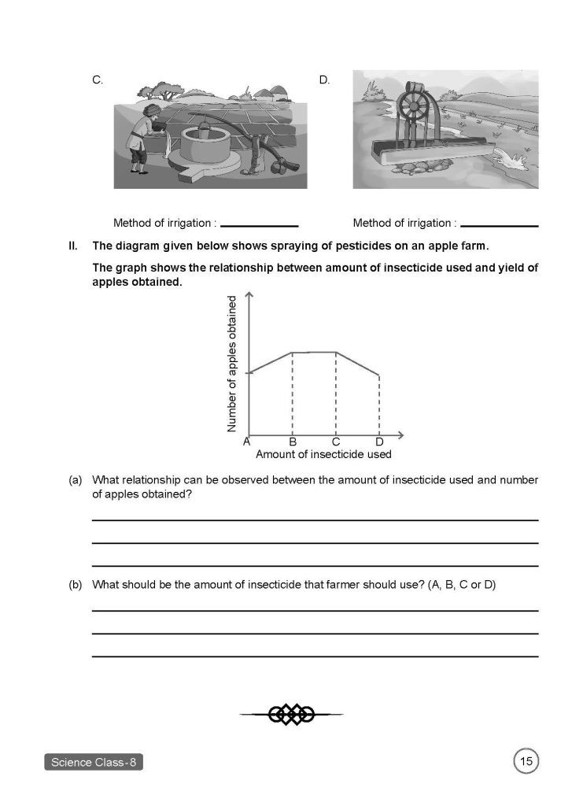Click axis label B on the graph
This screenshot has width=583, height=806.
(292, 442)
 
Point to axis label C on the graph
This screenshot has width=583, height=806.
(336, 442)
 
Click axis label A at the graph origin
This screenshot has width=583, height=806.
(246, 442)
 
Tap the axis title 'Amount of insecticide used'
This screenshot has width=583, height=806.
(323, 454)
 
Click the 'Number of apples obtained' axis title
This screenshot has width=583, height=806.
(231, 364)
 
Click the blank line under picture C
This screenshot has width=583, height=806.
(259, 227)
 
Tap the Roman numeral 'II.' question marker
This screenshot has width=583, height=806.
(75, 246)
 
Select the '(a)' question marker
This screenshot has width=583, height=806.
(76, 479)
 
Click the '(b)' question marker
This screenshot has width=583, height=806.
(76, 585)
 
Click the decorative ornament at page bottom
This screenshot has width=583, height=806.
(291, 714)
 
